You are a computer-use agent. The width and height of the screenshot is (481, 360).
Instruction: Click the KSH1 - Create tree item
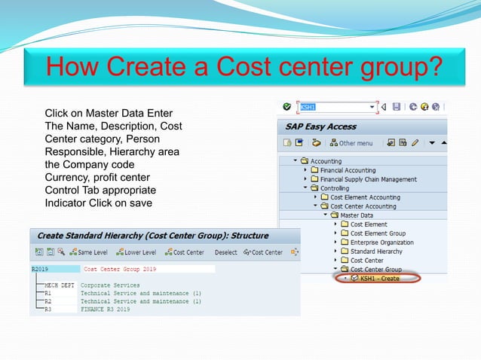pyautogui.click(x=379, y=279)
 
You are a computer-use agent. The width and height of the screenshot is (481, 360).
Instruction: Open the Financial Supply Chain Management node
pyautogui.click(x=368, y=179)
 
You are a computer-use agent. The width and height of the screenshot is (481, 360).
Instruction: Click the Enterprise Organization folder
pyautogui.click(x=381, y=243)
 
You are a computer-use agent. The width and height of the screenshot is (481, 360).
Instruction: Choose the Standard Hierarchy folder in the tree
pyautogui.click(x=376, y=252)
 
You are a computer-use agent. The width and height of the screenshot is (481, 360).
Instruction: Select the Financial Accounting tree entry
pyautogui.click(x=348, y=170)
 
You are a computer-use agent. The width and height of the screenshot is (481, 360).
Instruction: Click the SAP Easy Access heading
pyautogui.click(x=320, y=126)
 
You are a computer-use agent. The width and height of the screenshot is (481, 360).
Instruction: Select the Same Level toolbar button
pyautogui.click(x=90, y=252)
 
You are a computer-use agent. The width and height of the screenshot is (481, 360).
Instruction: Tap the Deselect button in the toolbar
pyautogui.click(x=225, y=252)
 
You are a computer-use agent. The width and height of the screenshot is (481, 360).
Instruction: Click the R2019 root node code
pyautogui.click(x=39, y=269)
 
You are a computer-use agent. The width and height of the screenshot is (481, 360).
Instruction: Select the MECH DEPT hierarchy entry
pyautogui.click(x=60, y=285)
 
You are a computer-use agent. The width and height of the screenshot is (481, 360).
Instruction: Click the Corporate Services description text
pyautogui.click(x=110, y=285)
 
